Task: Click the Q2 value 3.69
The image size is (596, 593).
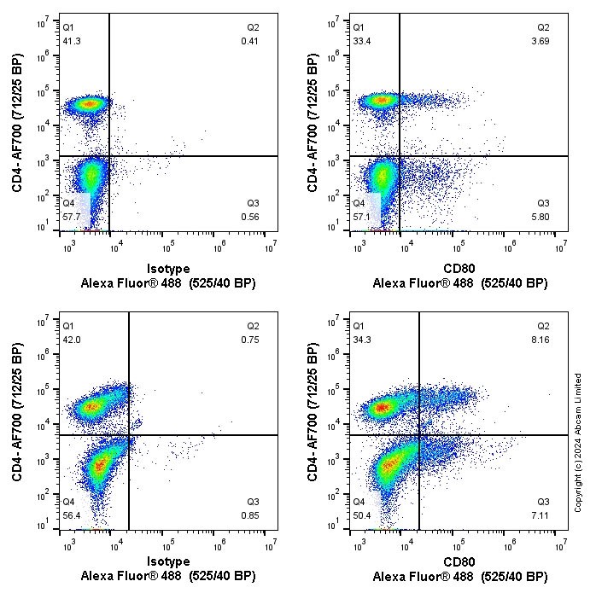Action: pyautogui.click(x=543, y=41)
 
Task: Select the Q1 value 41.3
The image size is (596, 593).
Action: pyautogui.click(x=72, y=41)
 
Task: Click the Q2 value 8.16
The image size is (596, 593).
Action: pyautogui.click(x=543, y=339)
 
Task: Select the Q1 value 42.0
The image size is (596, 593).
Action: pyautogui.click(x=72, y=339)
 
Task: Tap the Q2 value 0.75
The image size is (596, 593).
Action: pyautogui.click(x=249, y=339)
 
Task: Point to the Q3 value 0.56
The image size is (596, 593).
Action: pyautogui.click(x=249, y=217)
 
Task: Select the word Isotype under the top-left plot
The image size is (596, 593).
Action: pyautogui.click(x=168, y=268)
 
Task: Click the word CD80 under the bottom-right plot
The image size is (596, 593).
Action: pyautogui.click(x=460, y=562)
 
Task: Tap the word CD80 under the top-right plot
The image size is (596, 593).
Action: pyautogui.click(x=460, y=268)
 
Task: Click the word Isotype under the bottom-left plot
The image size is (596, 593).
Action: pyautogui.click(x=168, y=562)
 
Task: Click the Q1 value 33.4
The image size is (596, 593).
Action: pyautogui.click(x=364, y=41)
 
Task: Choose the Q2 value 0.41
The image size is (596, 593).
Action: pyautogui.click(x=249, y=41)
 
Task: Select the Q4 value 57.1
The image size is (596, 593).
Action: pyautogui.click(x=364, y=217)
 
